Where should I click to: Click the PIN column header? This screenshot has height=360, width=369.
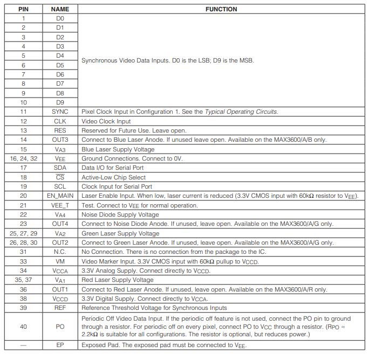click(23, 9)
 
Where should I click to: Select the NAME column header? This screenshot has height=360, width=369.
click(60, 9)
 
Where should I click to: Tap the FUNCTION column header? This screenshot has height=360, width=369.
click(221, 9)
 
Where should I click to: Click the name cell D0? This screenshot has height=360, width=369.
click(60, 18)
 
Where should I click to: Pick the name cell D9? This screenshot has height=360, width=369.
click(60, 102)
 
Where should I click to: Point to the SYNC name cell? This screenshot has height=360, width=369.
click(60, 112)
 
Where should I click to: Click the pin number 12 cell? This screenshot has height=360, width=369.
click(23, 121)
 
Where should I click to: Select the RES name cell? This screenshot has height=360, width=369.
click(60, 130)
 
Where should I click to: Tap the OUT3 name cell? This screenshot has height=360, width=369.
click(60, 140)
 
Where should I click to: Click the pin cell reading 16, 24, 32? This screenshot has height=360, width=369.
click(23, 158)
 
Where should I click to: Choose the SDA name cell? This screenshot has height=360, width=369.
click(60, 168)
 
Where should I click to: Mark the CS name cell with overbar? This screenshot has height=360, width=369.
click(60, 177)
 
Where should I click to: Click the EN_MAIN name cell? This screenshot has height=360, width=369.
click(60, 196)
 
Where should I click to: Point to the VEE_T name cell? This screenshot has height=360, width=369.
click(60, 205)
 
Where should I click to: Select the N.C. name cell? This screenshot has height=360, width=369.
click(60, 252)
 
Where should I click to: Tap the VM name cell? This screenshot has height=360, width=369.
click(60, 261)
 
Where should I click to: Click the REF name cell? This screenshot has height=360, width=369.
click(60, 308)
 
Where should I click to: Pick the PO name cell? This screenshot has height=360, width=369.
click(60, 327)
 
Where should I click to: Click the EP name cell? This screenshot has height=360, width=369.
click(60, 345)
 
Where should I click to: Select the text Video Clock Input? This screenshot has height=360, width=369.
click(106, 121)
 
